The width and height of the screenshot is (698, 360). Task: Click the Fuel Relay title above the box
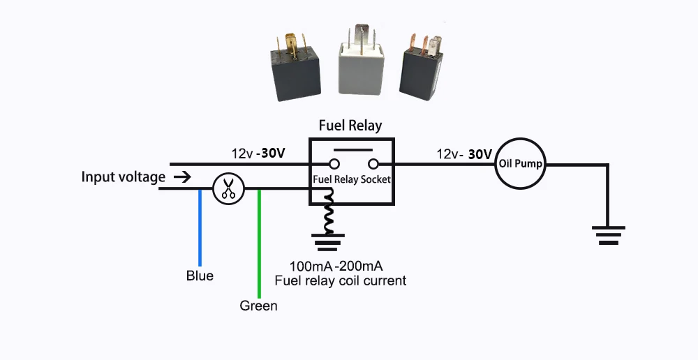coord(350,126)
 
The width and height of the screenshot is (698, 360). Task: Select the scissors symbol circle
coord(227,188)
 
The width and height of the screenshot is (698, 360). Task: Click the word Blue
coord(200,276)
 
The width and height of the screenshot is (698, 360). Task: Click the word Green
coord(258,306)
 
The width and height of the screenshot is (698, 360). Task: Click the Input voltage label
coord(124,177)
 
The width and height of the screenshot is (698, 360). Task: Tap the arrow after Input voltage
coord(181,177)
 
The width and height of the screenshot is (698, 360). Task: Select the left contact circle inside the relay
coord(334,165)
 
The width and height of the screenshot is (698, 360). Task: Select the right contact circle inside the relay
coord(373,165)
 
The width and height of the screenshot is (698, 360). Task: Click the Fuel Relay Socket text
coord(352,179)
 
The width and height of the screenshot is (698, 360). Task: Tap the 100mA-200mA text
coord(335,267)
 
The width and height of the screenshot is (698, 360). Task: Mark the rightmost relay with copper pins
coord(423,68)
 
